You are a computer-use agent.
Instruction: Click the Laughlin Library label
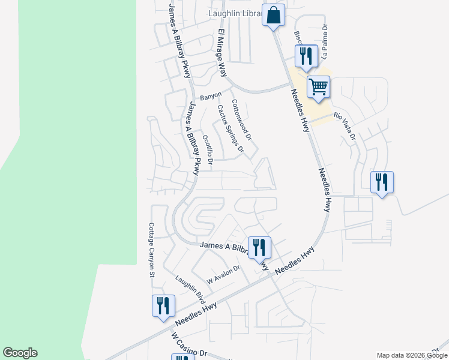pos(235,13)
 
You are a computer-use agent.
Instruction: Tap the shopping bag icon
pos(273,16)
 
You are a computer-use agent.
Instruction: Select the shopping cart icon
pos(318,87)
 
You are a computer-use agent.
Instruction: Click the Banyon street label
pos(210,95)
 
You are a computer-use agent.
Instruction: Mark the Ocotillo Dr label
pos(208,150)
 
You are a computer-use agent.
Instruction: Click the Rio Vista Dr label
pos(345,127)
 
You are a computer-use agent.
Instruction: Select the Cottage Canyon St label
pos(151,250)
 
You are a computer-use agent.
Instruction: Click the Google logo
pos(20,353)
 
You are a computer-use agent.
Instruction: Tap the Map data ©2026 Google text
pos(411,355)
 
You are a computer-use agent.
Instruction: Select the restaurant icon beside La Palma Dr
pos(306,56)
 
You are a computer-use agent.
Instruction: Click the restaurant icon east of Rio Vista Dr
pos(382,182)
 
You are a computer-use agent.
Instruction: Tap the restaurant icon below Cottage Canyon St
pos(163,305)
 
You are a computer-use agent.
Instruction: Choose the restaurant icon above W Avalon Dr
pos(259,247)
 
